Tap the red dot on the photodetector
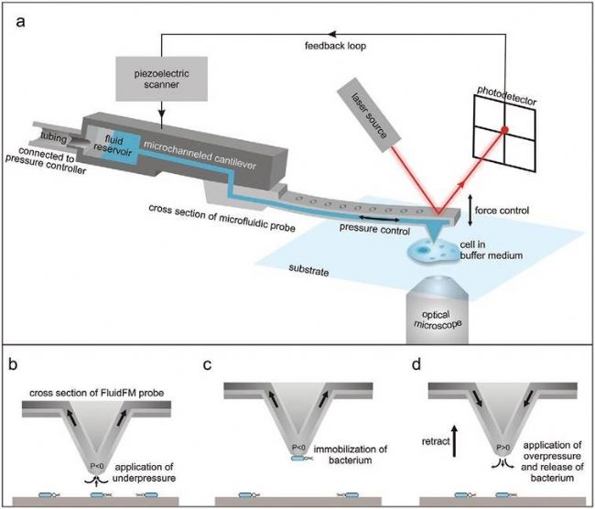pyautogui.click(x=503, y=132)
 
